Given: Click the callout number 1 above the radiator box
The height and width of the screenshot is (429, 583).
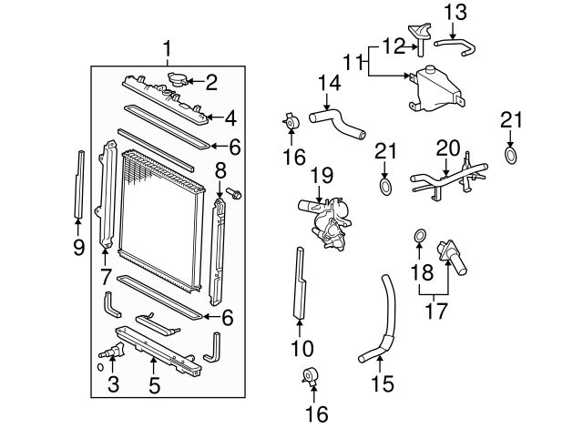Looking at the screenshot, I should coord(167,47).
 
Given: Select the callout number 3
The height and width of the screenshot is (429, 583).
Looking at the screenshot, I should coord(113,384).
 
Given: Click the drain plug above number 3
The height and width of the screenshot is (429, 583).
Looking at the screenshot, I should coord(112,352).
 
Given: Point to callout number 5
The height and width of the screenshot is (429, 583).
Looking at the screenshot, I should coord(154,384).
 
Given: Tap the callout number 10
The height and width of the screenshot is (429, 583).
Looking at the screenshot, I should coord(301,347).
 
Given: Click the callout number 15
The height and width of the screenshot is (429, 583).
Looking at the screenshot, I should coord(384,384).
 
